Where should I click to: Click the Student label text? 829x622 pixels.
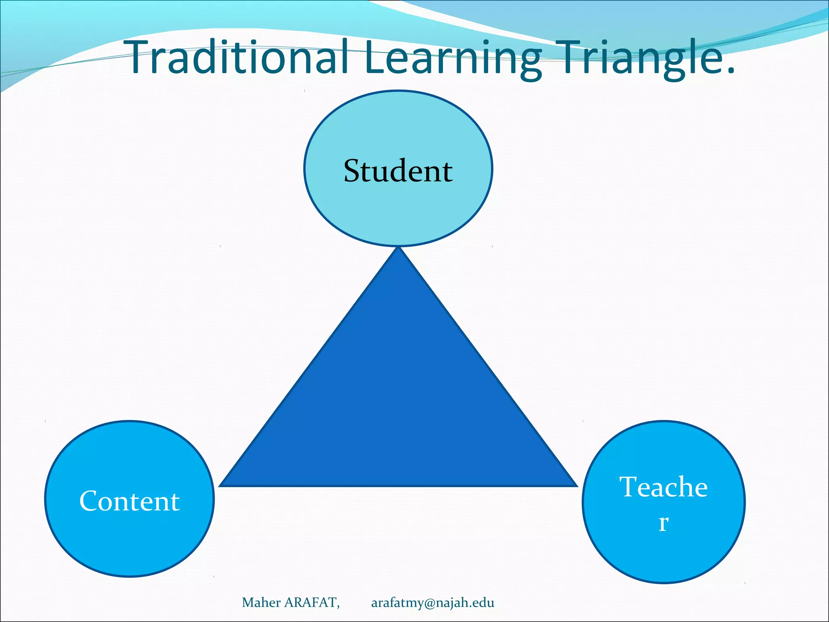[398, 171]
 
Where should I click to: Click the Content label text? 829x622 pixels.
[129, 501]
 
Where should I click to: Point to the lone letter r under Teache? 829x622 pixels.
[663, 522]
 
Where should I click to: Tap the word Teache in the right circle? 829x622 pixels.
[663, 487]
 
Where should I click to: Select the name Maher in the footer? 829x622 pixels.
[261, 603]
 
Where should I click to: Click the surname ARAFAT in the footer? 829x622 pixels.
[310, 603]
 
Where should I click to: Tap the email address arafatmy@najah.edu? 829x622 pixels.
[432, 603]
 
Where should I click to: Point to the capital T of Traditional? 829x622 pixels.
[140, 58]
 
